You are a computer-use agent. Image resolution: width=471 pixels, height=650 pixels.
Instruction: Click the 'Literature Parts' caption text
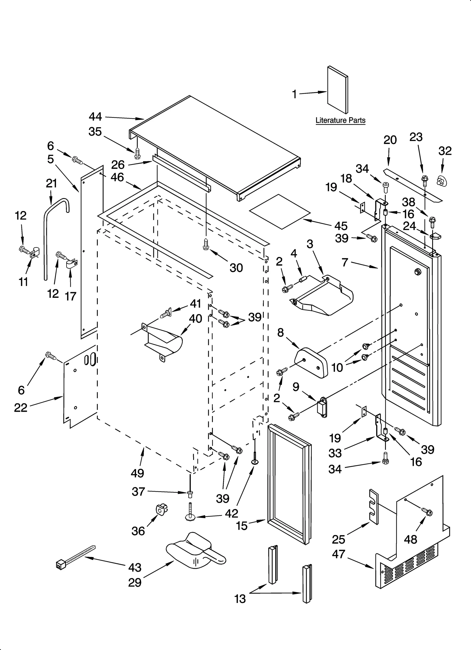coord(340,120)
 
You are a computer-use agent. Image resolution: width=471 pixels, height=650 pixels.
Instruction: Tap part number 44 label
coord(95,117)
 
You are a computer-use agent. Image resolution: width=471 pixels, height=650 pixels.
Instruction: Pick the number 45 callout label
coord(341,226)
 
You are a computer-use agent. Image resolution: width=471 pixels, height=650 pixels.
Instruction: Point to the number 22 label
coord(20,408)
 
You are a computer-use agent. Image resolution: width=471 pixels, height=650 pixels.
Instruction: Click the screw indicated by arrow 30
coord(206,245)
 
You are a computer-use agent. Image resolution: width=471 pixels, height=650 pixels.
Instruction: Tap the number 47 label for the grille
coord(338,554)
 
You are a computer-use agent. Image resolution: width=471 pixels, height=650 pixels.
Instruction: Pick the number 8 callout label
coord(280,333)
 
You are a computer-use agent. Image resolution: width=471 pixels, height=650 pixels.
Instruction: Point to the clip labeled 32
coord(441,180)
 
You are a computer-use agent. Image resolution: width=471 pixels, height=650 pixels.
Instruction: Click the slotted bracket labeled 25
coord(373,507)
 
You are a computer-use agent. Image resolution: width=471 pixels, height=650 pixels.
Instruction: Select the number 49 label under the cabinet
coord(137,473)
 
